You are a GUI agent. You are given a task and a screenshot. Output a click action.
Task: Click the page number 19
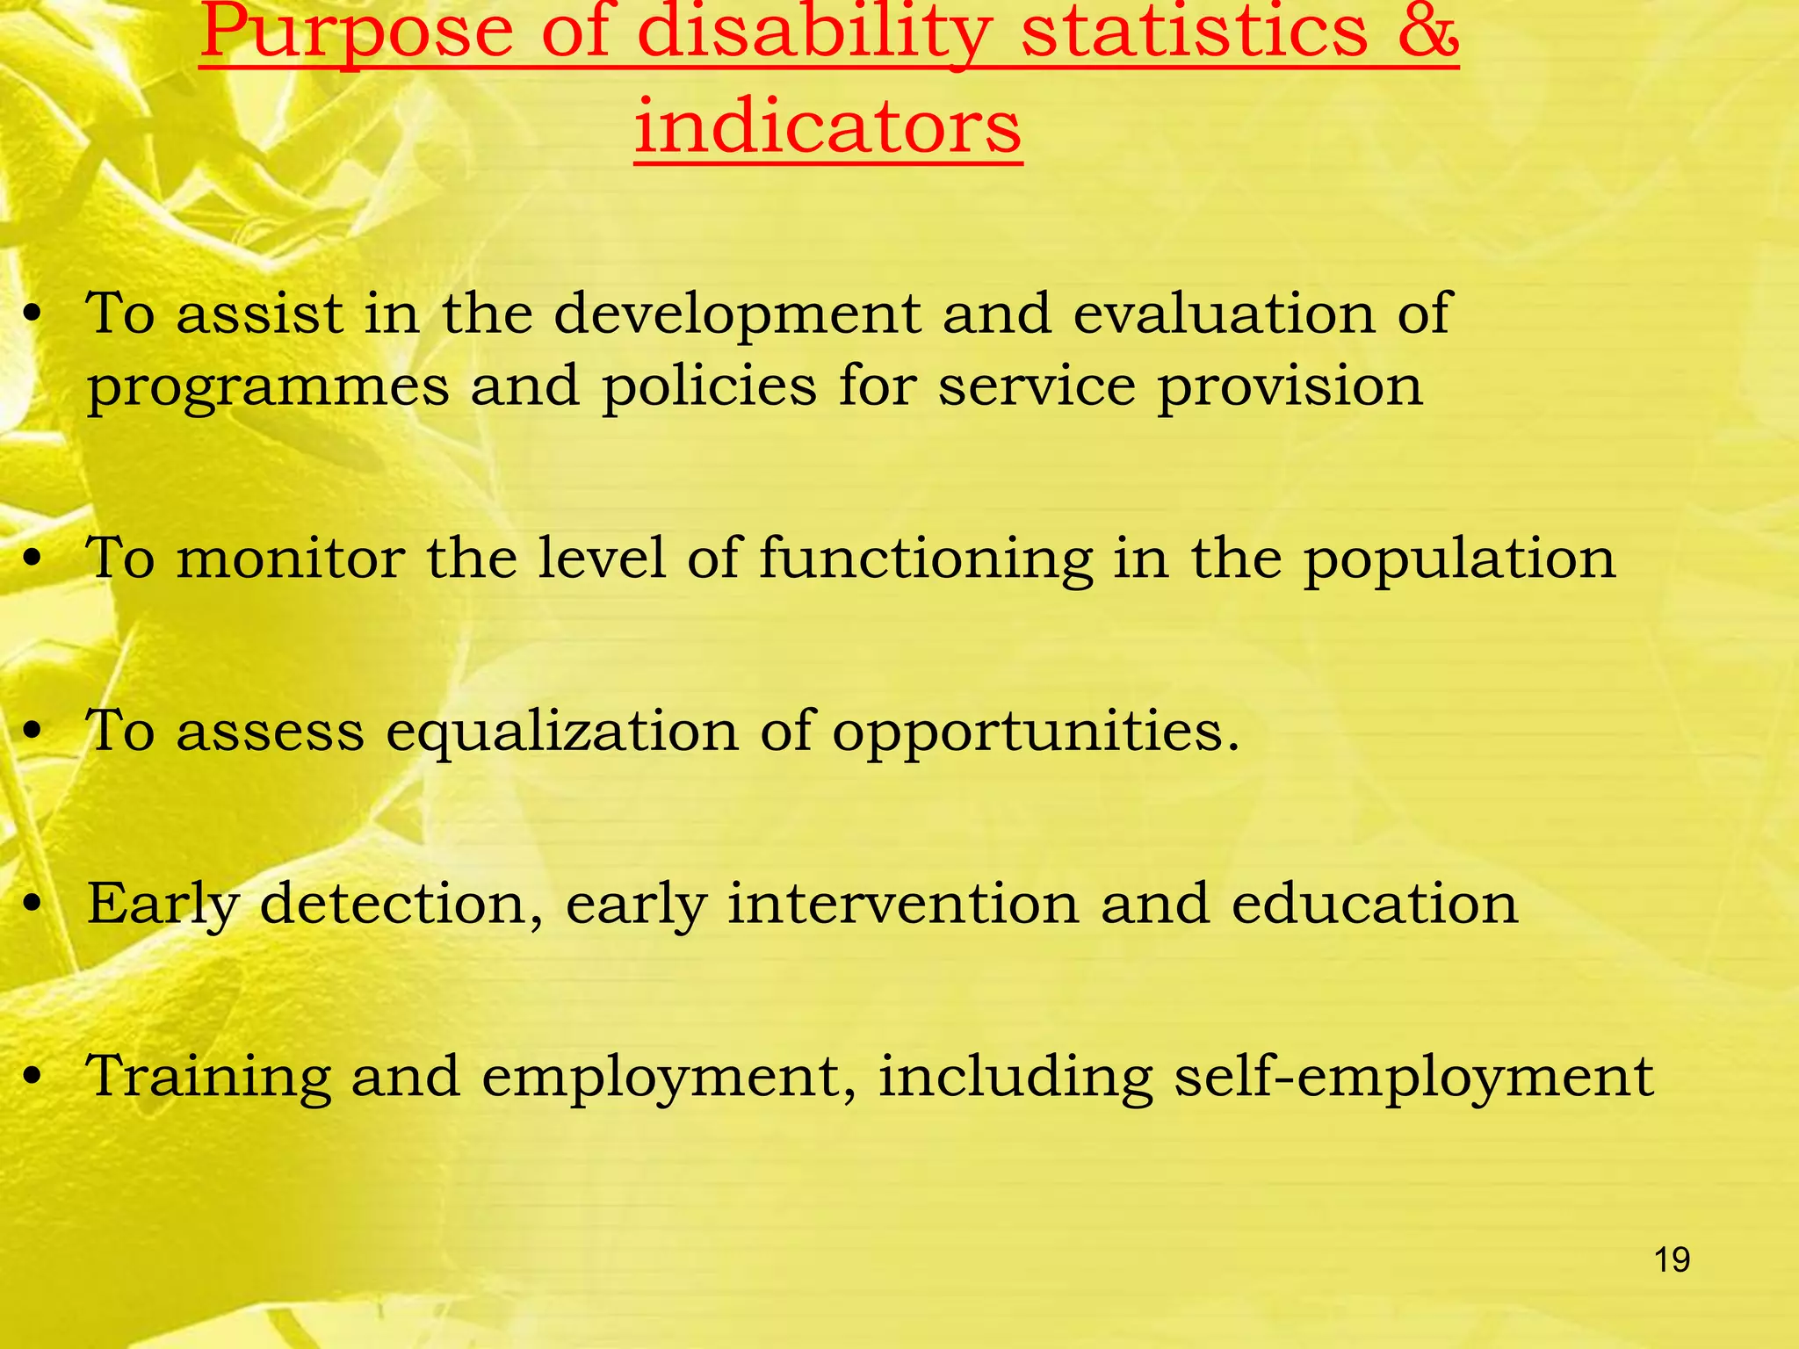[1672, 1260]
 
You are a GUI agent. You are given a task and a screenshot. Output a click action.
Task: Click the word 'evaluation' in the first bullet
[1224, 314]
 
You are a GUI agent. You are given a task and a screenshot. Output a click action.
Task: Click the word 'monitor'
[291, 558]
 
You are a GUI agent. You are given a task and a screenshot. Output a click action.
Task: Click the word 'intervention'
[902, 904]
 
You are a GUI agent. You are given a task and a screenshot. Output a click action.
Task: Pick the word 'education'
[1374, 904]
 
